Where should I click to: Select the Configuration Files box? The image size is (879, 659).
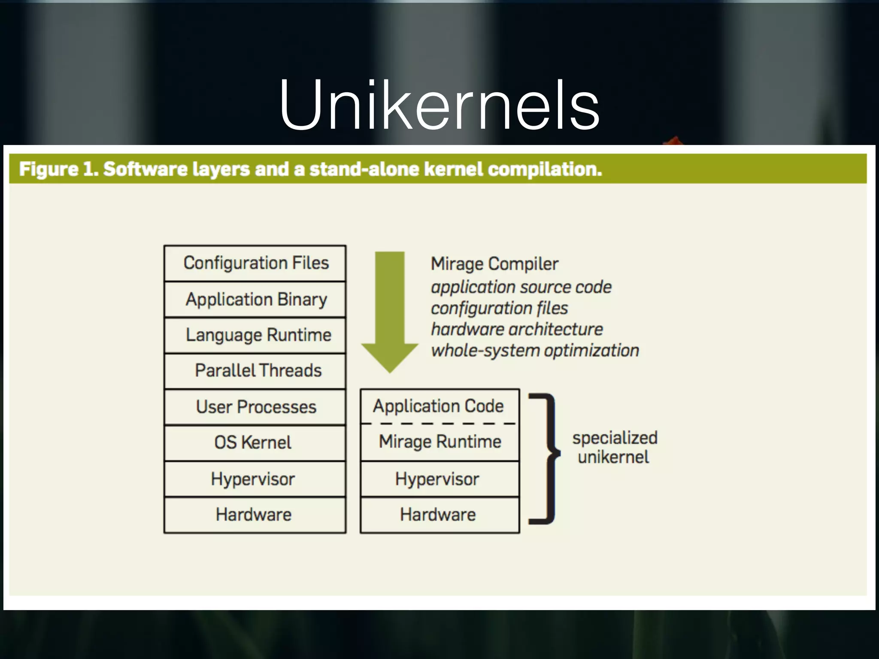(255, 263)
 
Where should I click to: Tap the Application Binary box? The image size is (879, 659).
(255, 299)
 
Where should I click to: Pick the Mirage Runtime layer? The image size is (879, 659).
(439, 442)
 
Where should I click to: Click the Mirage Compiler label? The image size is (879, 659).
(494, 264)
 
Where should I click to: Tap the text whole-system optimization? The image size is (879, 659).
(535, 351)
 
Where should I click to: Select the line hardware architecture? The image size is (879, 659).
(517, 329)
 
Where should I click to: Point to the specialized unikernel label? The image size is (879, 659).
(614, 447)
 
